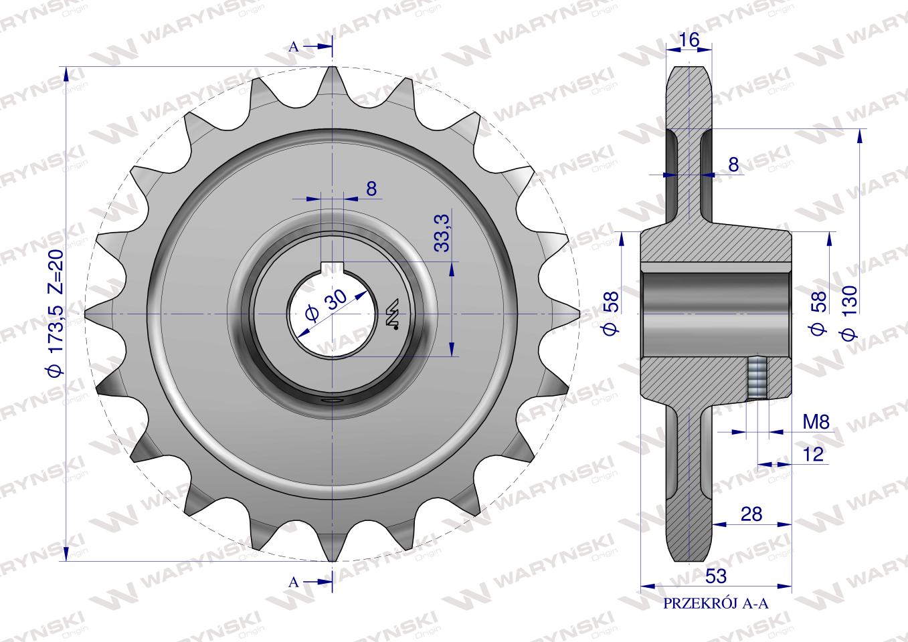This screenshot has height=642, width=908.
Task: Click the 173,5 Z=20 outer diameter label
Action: [x=56, y=313]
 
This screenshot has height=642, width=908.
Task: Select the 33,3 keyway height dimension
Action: [x=443, y=233]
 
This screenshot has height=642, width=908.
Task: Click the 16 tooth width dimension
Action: [x=689, y=39]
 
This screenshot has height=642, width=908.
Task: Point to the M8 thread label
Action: [x=816, y=422]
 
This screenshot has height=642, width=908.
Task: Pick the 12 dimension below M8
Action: [x=813, y=455]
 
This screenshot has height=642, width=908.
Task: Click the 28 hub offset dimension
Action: [x=751, y=514]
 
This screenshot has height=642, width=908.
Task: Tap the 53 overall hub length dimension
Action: [x=716, y=576]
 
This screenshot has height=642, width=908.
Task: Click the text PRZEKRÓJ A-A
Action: [x=716, y=615]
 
